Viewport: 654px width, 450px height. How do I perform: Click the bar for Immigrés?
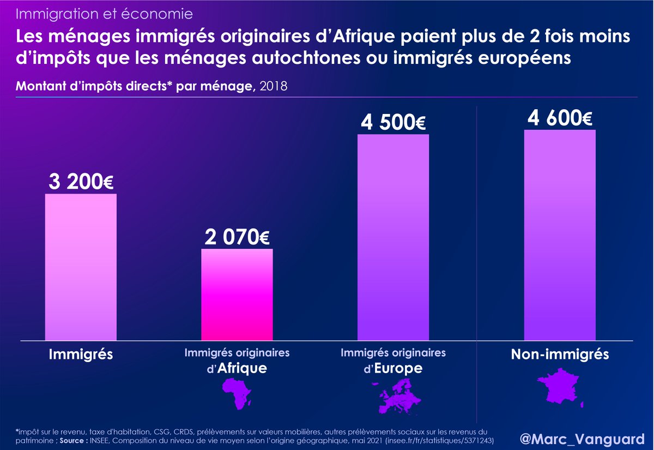tap(81, 267)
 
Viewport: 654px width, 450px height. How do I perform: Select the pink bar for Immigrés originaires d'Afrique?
tap(237, 295)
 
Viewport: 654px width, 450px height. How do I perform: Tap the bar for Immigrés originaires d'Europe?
tap(393, 237)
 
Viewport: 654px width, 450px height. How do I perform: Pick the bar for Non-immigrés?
tap(560, 235)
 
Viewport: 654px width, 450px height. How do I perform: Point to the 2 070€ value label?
tap(238, 238)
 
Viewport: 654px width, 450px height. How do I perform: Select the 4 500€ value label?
tap(393, 123)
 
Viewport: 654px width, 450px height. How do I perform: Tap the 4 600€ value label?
tap(560, 118)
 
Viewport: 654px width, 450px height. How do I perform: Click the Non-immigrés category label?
tap(560, 355)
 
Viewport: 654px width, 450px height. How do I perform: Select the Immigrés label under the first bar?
tap(81, 355)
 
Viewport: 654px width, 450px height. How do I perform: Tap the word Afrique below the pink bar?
tap(243, 369)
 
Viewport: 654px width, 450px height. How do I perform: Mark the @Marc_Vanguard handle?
tap(579, 437)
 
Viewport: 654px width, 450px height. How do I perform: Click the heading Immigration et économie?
tap(104, 13)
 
